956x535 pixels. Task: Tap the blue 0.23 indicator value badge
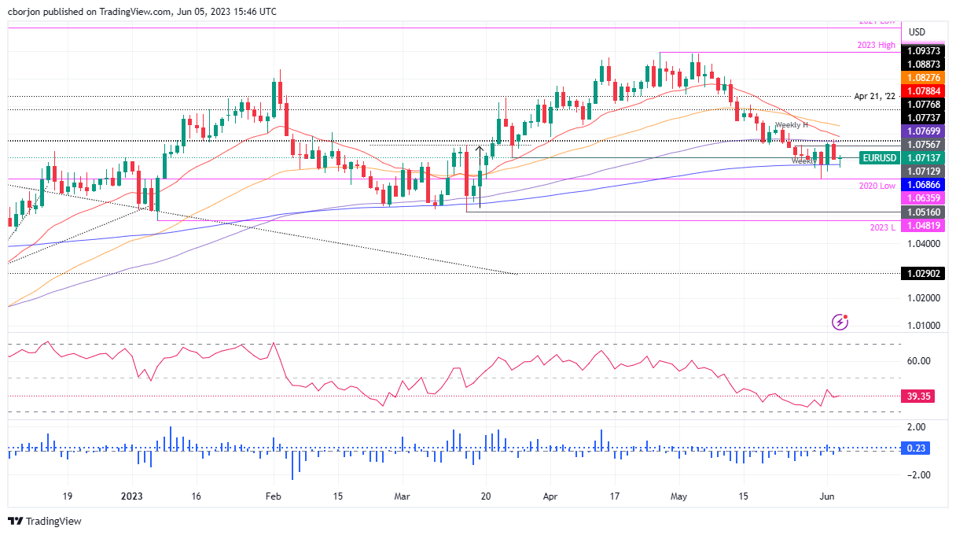pyautogui.click(x=917, y=448)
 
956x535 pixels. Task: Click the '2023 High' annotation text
pyautogui.click(x=876, y=45)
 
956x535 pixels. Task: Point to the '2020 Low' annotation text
pyautogui.click(x=876, y=185)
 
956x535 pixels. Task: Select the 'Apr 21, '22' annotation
pyautogui.click(x=874, y=96)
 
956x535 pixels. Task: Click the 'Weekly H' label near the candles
pyautogui.click(x=792, y=125)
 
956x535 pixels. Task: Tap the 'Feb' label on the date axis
pyautogui.click(x=273, y=496)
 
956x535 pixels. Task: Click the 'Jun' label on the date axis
pyautogui.click(x=827, y=496)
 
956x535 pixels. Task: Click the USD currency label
pyautogui.click(x=917, y=31)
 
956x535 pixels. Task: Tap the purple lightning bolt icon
pyautogui.click(x=840, y=321)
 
